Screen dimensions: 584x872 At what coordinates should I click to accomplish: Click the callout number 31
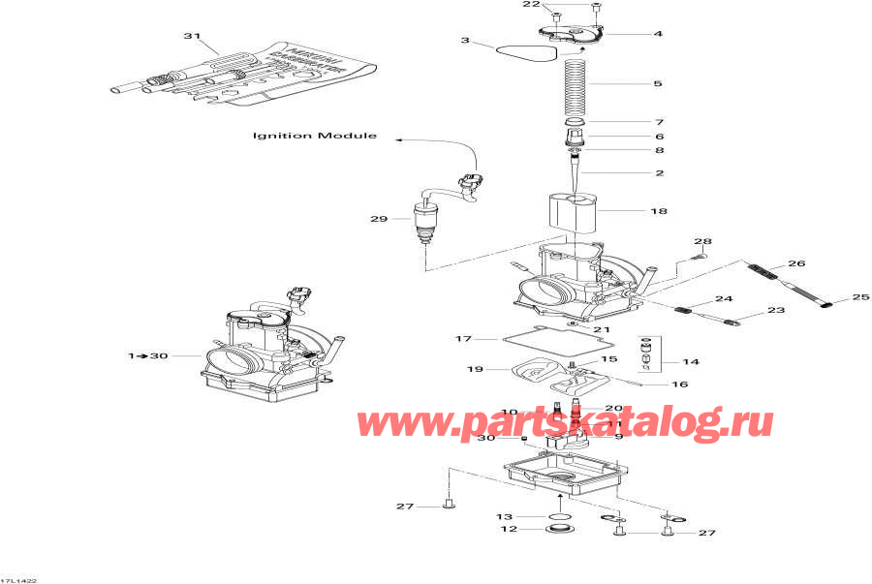tap(192, 37)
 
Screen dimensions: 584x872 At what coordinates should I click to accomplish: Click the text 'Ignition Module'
tap(315, 136)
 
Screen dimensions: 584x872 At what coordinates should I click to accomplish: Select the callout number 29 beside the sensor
tap(378, 219)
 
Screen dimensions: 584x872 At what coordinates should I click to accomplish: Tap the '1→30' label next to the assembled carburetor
tap(148, 356)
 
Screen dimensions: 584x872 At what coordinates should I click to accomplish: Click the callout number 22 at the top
tap(532, 5)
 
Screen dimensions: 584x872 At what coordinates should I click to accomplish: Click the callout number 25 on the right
tap(860, 298)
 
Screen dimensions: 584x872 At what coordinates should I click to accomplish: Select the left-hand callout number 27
tap(405, 506)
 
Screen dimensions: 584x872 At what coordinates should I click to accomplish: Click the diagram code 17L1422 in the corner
tap(18, 579)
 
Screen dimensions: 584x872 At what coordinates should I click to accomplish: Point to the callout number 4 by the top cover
tap(658, 34)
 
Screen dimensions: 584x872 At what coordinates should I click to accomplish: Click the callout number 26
tap(796, 262)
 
